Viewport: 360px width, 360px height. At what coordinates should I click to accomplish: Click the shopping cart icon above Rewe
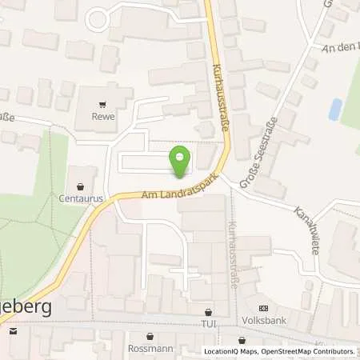point(102,104)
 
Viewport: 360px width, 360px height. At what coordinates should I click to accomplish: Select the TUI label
point(208,325)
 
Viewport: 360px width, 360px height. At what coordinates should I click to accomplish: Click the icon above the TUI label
point(208,313)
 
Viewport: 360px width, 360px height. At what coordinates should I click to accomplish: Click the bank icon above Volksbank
point(263,308)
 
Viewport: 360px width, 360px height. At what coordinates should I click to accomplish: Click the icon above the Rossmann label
point(144,336)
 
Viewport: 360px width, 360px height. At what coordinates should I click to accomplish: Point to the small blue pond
point(335,109)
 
